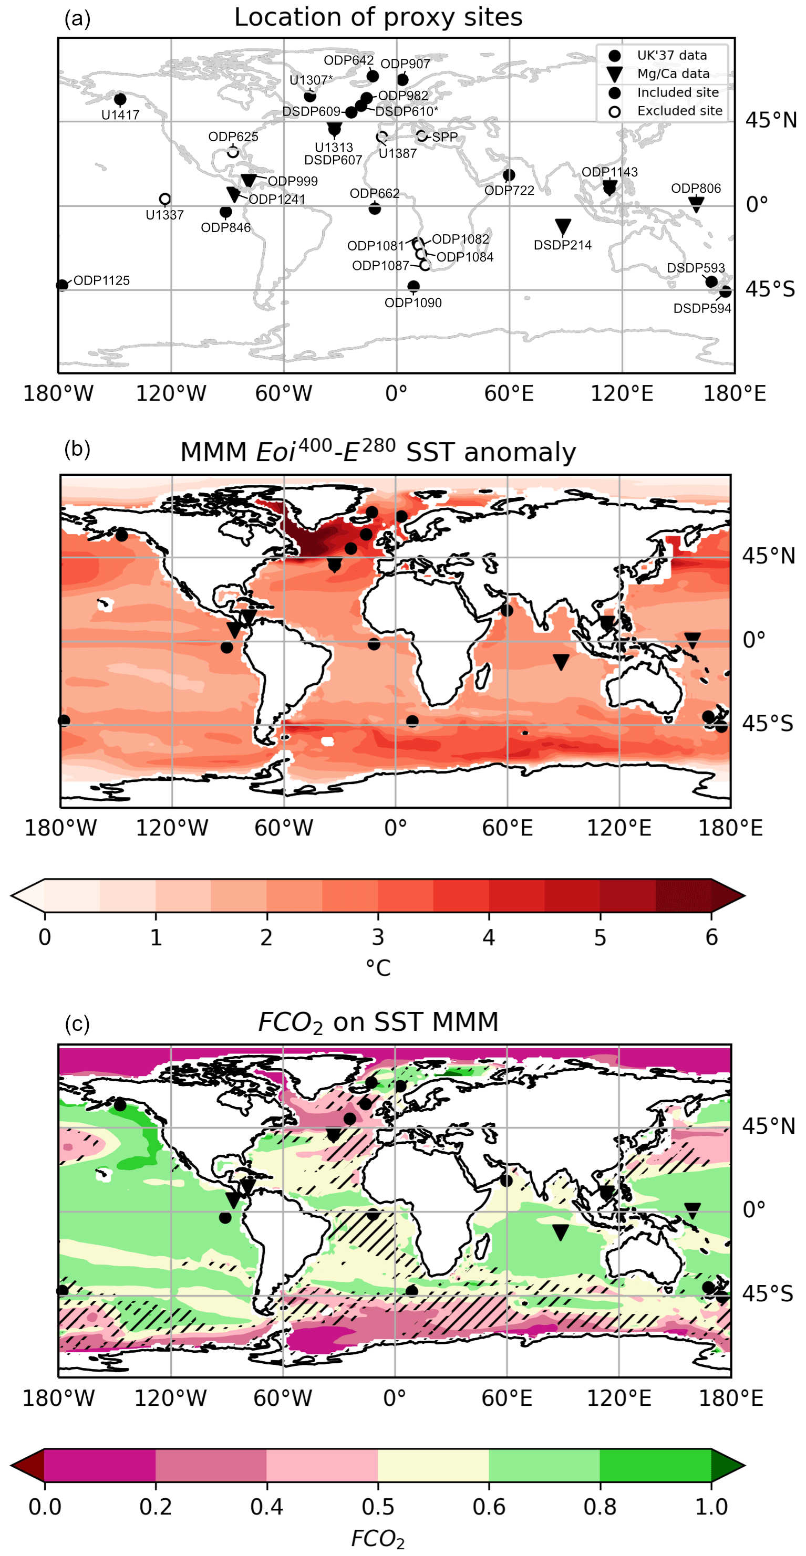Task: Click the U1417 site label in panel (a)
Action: point(120,115)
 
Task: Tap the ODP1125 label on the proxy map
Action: point(101,280)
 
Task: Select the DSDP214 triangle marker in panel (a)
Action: point(563,226)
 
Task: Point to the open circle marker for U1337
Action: point(164,199)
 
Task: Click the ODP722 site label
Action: point(509,190)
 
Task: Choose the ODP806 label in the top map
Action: point(696,189)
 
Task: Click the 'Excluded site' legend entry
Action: point(679,111)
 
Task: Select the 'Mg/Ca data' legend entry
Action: point(673,74)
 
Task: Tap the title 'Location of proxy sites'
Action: point(378,17)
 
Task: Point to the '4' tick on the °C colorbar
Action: point(489,937)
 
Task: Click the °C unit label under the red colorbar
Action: point(378,968)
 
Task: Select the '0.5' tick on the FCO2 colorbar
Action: point(378,1507)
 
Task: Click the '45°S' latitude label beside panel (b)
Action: point(767,723)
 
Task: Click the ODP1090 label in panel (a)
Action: point(414,302)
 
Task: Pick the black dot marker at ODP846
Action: point(225,212)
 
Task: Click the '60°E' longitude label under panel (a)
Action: point(509,394)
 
